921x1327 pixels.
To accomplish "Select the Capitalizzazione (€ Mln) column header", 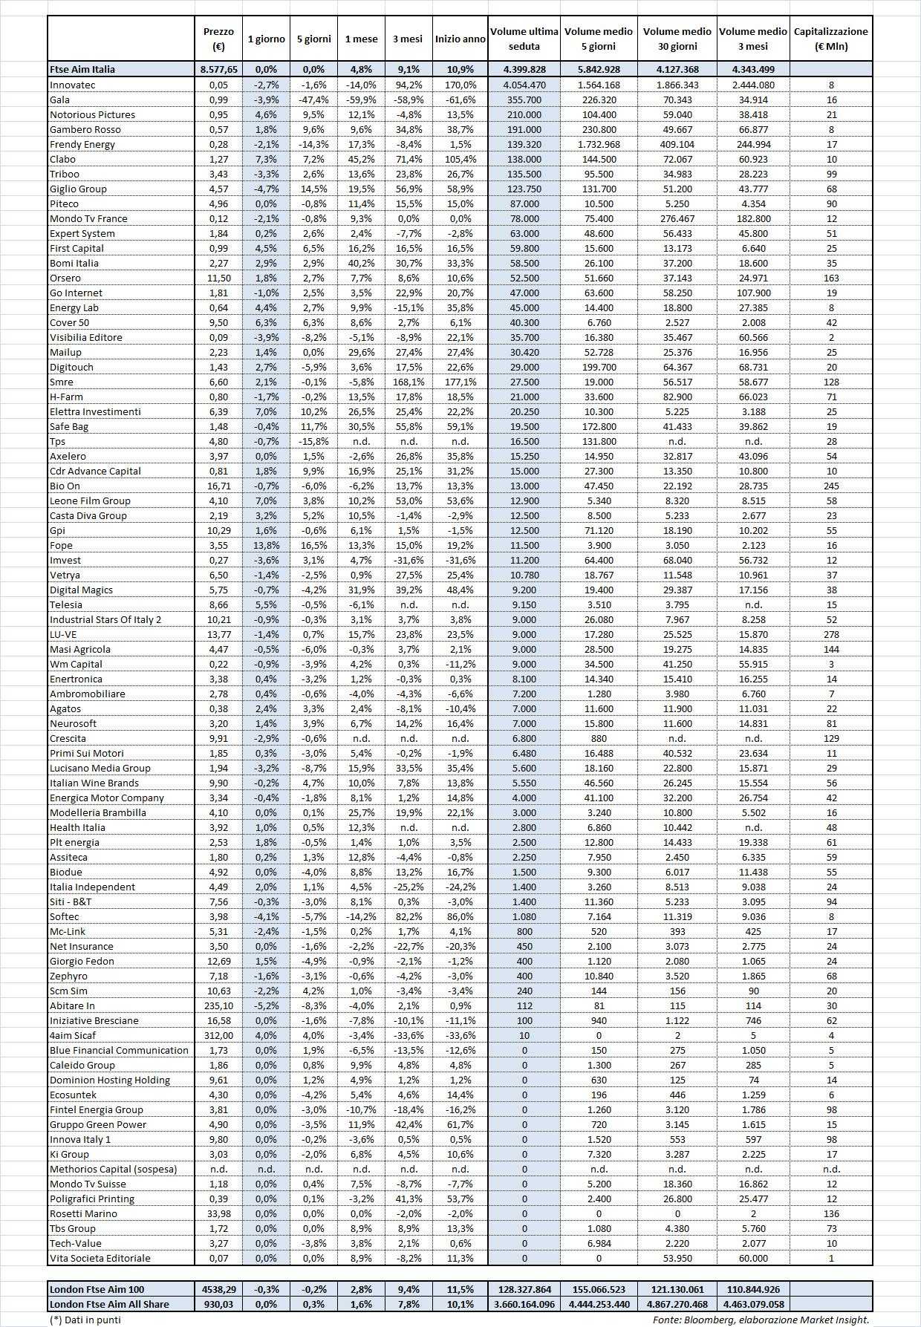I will [x=830, y=39].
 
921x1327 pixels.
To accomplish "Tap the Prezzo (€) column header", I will [x=218, y=39].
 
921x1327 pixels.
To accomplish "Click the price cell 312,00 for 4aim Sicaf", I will [x=218, y=1035].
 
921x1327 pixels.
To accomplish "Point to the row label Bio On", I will [x=65, y=486].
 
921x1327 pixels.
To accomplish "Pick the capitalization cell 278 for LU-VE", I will [x=831, y=634].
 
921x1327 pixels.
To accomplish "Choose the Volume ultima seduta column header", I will [x=524, y=39].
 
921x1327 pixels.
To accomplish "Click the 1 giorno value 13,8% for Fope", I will [x=266, y=545].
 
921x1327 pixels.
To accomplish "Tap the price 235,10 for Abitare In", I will [x=218, y=1005].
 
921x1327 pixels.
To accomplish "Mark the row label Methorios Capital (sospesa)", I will [x=114, y=1169].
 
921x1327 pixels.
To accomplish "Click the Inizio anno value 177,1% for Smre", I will [x=461, y=382].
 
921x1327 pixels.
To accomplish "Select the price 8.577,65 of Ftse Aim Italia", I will [x=218, y=69].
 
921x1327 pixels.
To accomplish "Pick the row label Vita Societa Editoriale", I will [x=100, y=1258].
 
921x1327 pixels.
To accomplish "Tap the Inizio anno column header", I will [x=461, y=39].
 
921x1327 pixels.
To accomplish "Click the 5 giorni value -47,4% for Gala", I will [x=313, y=100].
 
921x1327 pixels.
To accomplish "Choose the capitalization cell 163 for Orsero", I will [x=831, y=278].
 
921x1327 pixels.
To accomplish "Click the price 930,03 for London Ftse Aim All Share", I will [x=218, y=1304].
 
